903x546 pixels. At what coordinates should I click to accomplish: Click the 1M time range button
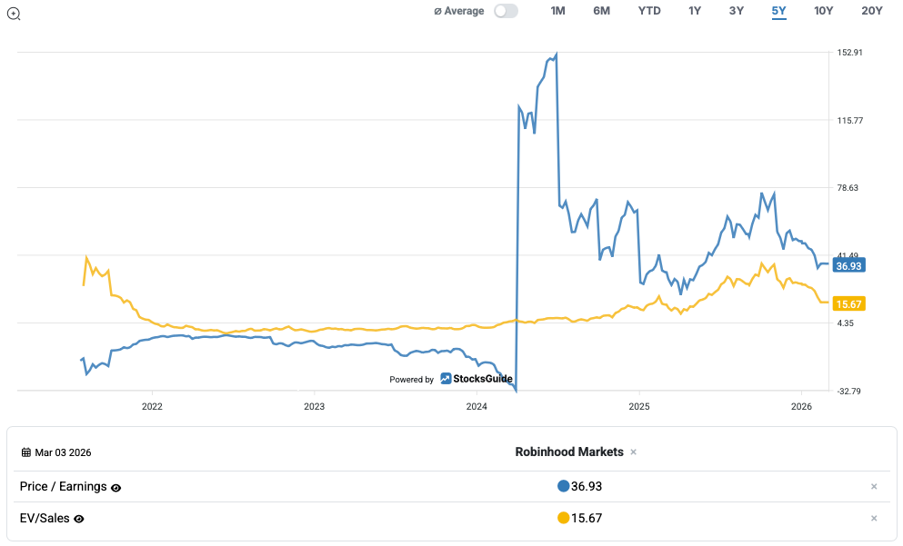pyautogui.click(x=558, y=11)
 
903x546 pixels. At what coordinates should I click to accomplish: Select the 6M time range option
pyautogui.click(x=601, y=11)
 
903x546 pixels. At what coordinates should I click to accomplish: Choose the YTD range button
pyautogui.click(x=649, y=11)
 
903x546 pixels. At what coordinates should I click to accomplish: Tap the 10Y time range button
pyautogui.click(x=824, y=11)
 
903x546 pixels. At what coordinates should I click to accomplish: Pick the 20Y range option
pyautogui.click(x=872, y=11)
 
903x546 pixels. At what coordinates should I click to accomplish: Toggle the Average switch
pyautogui.click(x=506, y=11)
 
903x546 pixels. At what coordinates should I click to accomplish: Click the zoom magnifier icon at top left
pyautogui.click(x=14, y=13)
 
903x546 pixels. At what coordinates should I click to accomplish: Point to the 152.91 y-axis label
pyautogui.click(x=849, y=53)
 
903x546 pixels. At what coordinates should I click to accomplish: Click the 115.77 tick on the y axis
pyautogui.click(x=849, y=120)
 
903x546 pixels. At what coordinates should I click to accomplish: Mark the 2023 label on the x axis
pyautogui.click(x=314, y=406)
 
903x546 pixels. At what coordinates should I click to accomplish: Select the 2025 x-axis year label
pyautogui.click(x=638, y=406)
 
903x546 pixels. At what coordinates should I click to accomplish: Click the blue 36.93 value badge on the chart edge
pyautogui.click(x=848, y=266)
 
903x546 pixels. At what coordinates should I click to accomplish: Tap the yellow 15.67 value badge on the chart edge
pyautogui.click(x=848, y=303)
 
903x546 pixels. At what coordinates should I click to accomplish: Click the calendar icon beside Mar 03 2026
pyautogui.click(x=26, y=452)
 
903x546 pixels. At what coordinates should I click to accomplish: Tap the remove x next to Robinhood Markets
pyautogui.click(x=634, y=452)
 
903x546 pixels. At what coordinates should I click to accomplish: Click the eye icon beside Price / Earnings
pyautogui.click(x=115, y=488)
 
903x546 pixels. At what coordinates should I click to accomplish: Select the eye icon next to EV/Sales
pyautogui.click(x=79, y=519)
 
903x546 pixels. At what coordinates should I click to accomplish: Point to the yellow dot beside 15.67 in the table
pyautogui.click(x=563, y=518)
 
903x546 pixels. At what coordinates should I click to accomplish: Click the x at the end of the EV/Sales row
pyautogui.click(x=874, y=518)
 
